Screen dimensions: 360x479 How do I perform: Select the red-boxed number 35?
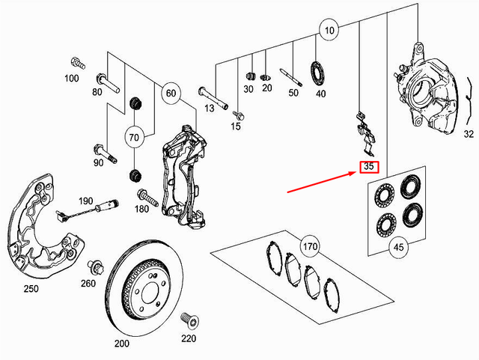pos(368,168)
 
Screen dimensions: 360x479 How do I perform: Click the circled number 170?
pos(309,245)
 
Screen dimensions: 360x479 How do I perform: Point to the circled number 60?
pos(171,94)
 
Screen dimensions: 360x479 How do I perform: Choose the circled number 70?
pos(135,138)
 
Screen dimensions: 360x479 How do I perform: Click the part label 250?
pos(31,289)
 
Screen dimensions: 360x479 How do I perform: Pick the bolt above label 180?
pos(144,198)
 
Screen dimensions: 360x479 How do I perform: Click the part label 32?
pos(468,135)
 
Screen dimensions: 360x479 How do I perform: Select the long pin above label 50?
pos(290,76)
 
